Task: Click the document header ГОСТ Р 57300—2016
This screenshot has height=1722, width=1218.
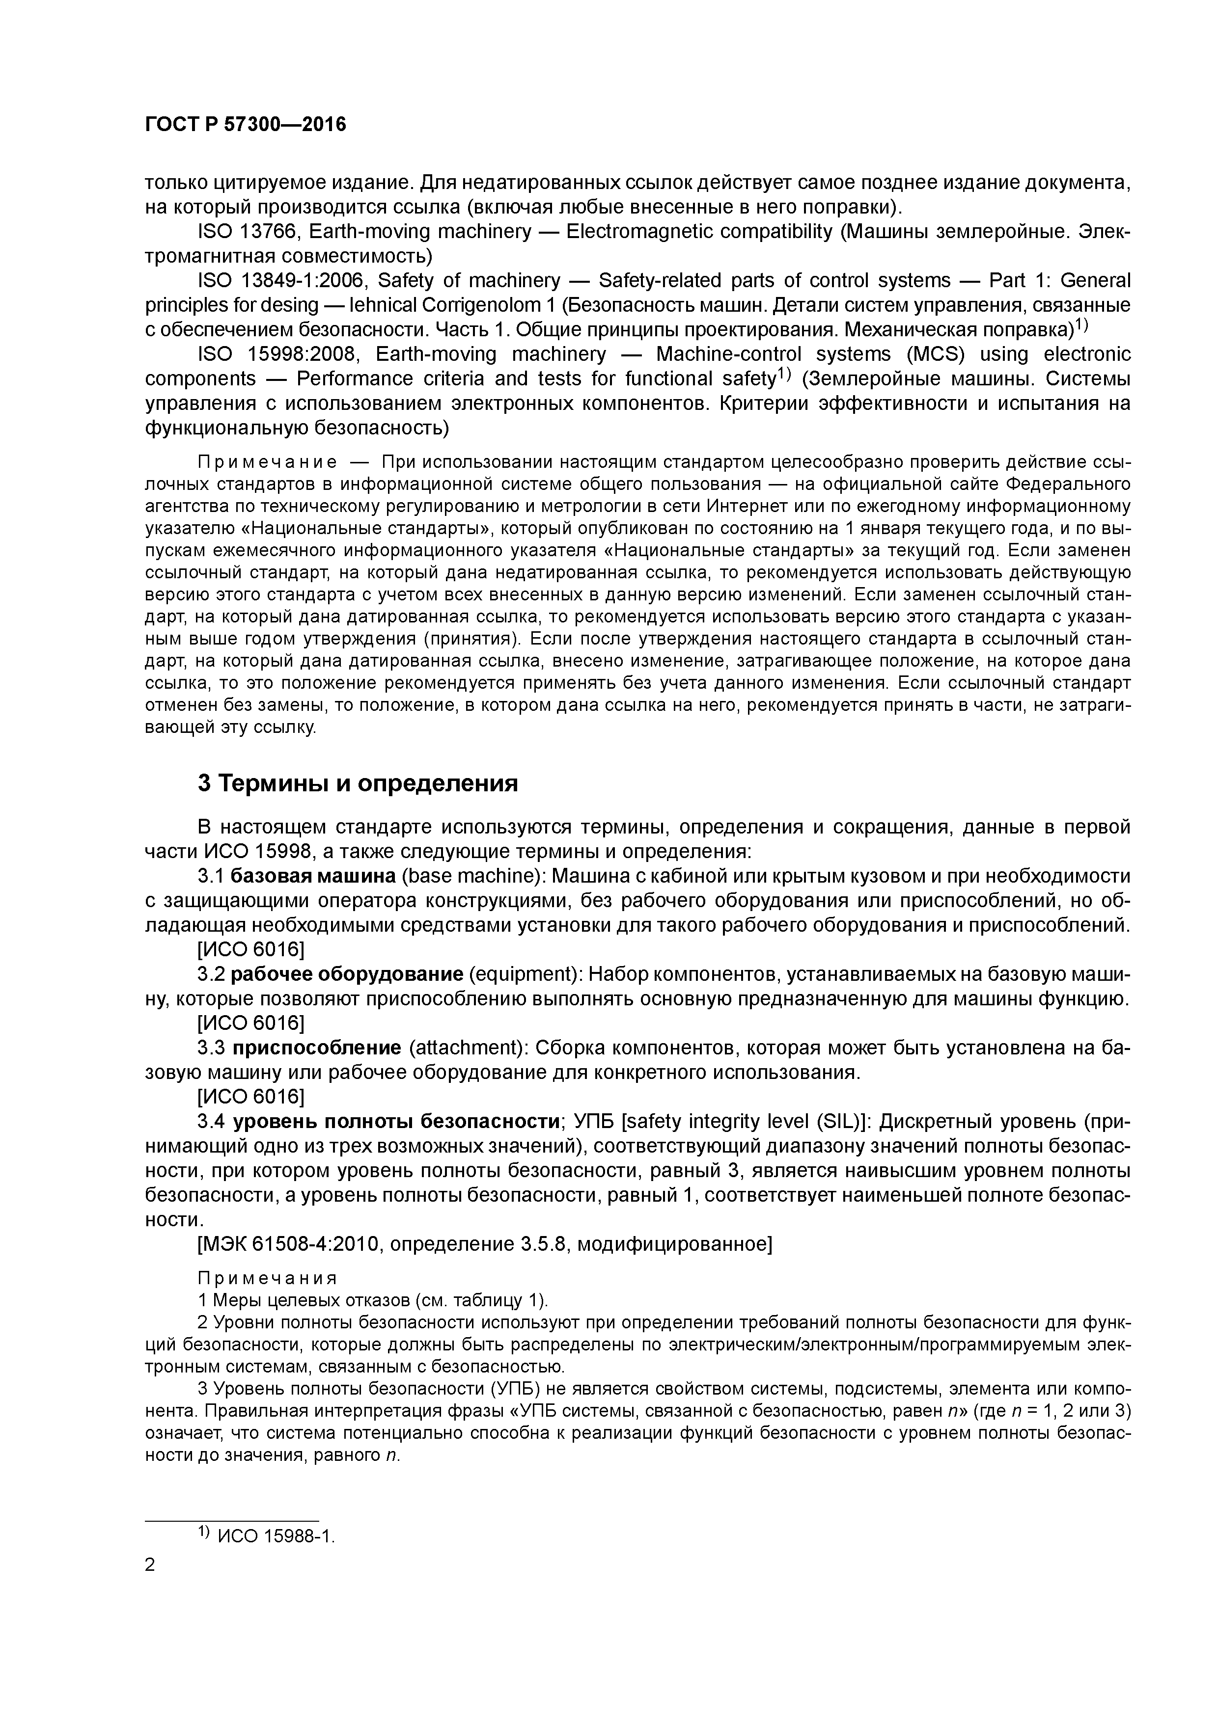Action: pos(246,125)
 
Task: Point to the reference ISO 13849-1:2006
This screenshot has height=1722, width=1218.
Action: pos(280,280)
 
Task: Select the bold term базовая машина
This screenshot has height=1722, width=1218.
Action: pos(313,876)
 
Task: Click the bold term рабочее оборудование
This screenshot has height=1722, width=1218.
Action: pos(347,974)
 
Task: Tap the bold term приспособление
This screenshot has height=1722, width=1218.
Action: pos(317,1048)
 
